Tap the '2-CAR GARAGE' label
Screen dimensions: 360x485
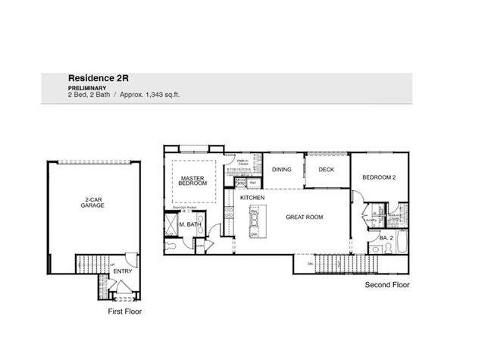tap(92, 203)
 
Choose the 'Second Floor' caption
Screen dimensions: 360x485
tap(387, 286)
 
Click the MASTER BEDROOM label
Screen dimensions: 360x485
tap(193, 180)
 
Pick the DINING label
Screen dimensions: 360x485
tap(282, 170)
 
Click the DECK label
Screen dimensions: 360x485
tap(326, 170)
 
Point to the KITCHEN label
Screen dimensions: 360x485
tap(252, 197)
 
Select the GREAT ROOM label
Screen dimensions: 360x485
tap(304, 218)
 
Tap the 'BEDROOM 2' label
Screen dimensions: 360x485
tap(379, 178)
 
